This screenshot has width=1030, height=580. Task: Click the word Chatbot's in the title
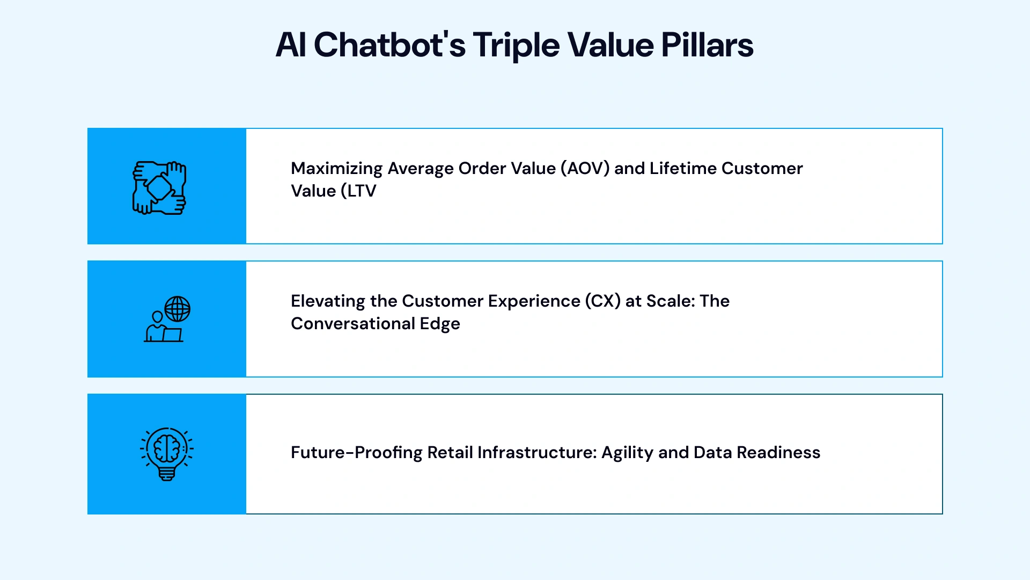tap(389, 45)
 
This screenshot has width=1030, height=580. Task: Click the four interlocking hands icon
tap(159, 187)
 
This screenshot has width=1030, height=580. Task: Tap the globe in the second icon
tap(178, 309)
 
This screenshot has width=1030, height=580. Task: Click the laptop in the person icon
tap(172, 335)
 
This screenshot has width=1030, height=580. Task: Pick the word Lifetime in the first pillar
tap(683, 169)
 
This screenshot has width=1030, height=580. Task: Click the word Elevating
tap(328, 301)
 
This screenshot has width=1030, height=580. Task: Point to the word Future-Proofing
tap(356, 453)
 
